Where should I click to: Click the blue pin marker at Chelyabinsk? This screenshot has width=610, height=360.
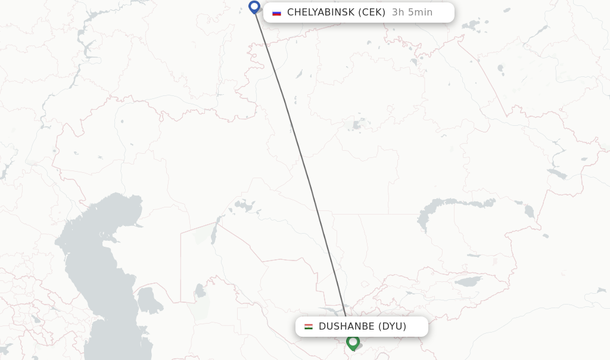[x=254, y=7]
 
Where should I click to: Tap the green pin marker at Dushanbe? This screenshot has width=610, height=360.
[x=353, y=342]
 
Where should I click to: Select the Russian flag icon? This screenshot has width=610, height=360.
[x=276, y=13]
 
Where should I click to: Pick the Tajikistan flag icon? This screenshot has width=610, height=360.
[x=309, y=327]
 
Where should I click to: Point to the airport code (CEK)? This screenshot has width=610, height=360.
[x=371, y=13]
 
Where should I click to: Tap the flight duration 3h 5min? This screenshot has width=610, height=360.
[x=412, y=13]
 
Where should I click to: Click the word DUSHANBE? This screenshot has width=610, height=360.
[x=346, y=327]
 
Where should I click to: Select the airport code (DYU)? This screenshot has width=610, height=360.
[x=392, y=327]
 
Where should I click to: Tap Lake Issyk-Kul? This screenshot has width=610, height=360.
[x=468, y=281]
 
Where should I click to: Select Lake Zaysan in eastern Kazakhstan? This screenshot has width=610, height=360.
[x=557, y=173]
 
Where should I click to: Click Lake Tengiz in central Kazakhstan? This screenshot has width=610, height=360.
[x=357, y=125]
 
